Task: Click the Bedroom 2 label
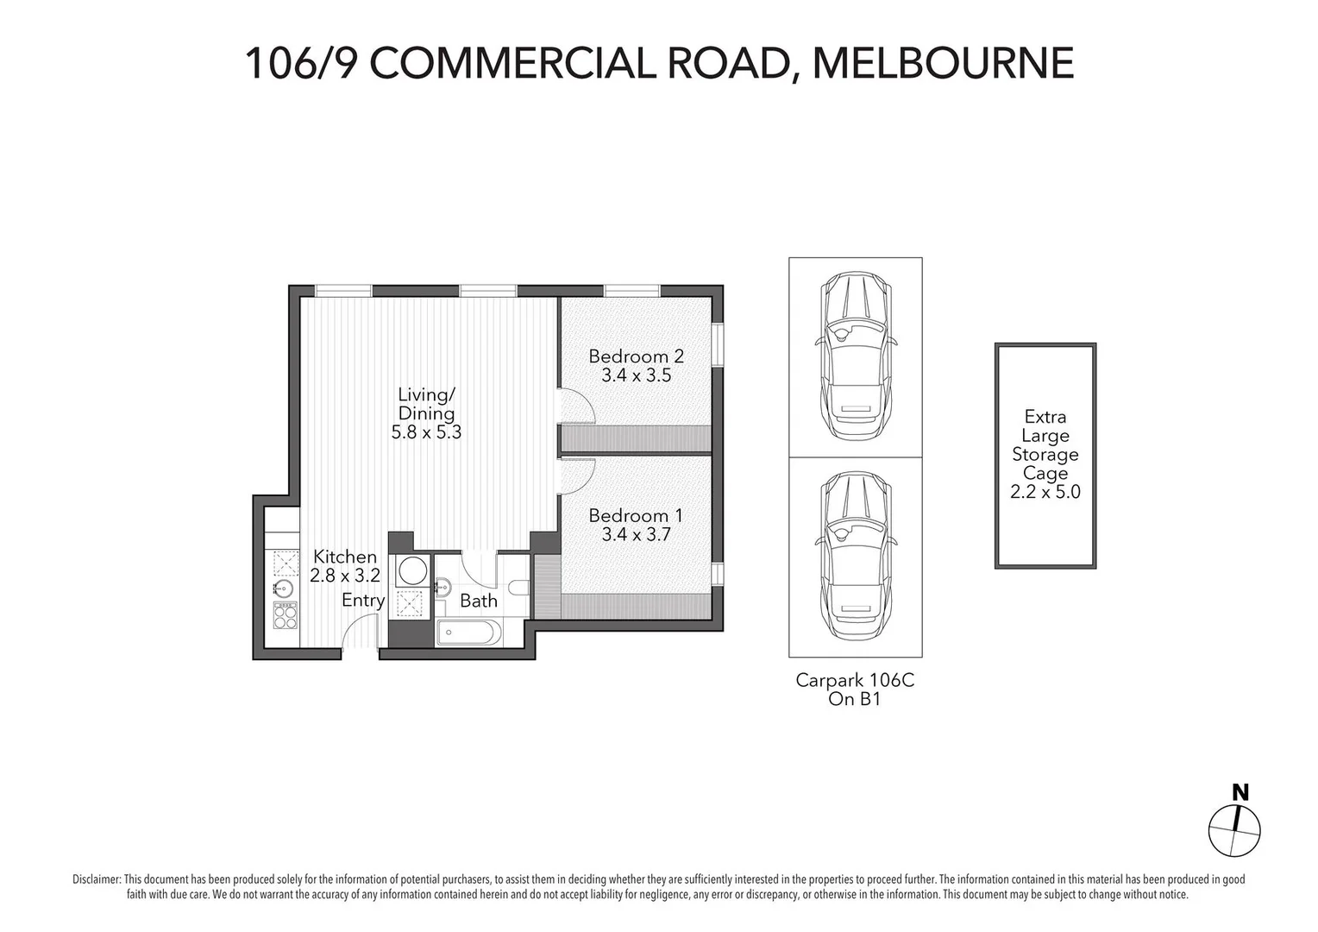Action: click(636, 356)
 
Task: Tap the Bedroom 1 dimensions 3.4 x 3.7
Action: click(636, 535)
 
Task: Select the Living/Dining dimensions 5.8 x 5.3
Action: click(426, 432)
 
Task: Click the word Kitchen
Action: click(344, 557)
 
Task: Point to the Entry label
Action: click(363, 601)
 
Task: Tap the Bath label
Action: click(478, 601)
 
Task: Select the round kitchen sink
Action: click(283, 589)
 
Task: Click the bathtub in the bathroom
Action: click(468, 632)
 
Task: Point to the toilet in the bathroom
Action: click(518, 589)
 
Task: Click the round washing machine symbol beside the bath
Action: click(411, 570)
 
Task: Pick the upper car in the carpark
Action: click(855, 356)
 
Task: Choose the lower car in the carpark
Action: click(855, 555)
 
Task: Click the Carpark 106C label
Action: click(854, 680)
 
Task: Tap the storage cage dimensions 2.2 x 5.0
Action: click(1045, 493)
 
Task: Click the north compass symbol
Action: click(1234, 830)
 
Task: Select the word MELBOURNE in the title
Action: click(944, 62)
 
